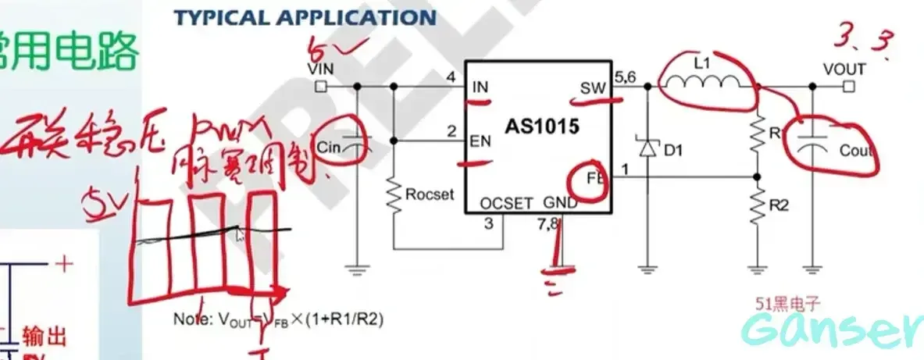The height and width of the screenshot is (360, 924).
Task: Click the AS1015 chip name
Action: coord(541,127)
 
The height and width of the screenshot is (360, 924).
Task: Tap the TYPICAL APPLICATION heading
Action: coord(305,17)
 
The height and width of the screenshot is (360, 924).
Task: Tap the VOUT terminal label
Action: coord(844,69)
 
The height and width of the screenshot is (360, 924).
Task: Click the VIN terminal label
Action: coord(321,69)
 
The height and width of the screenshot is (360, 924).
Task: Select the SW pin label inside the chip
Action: coord(593,87)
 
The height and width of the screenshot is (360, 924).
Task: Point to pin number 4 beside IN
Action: coord(450,77)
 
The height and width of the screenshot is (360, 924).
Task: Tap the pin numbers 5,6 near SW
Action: coord(626,77)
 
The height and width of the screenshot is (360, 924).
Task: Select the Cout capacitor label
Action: coord(856,151)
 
